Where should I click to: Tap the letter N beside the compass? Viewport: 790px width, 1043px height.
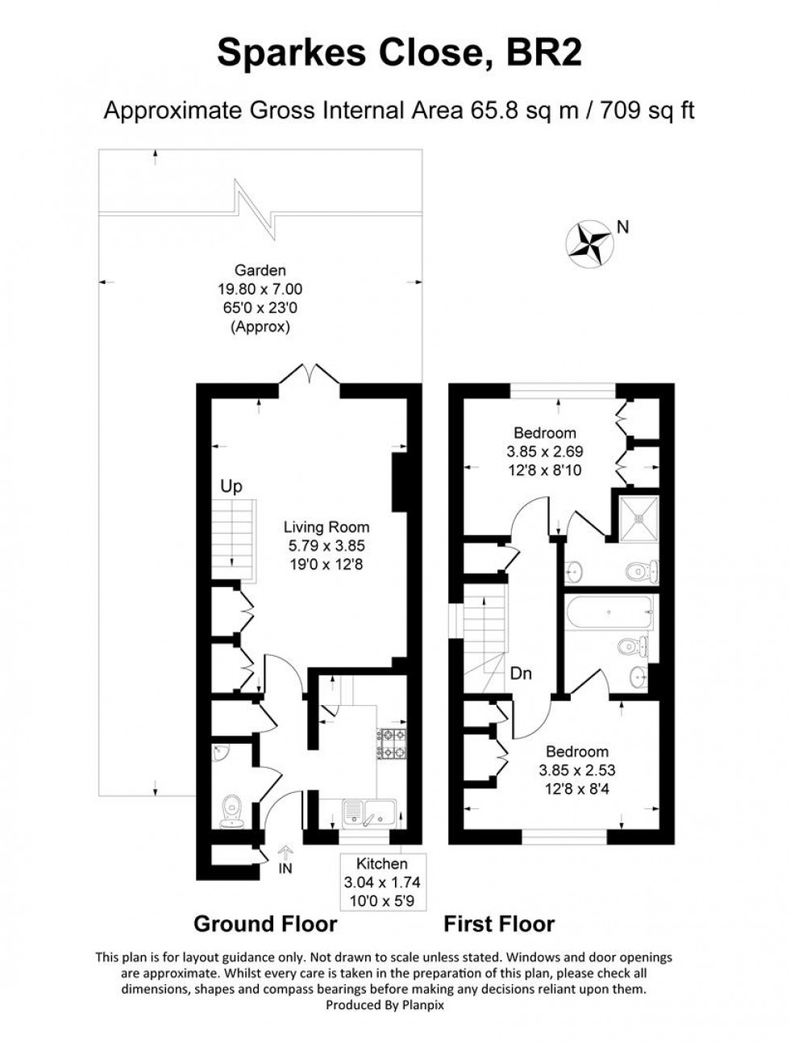point(622,227)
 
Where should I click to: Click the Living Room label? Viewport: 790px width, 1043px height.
point(326,528)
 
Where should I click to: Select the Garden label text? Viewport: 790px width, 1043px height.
point(260,271)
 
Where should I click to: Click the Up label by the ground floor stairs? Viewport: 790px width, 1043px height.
point(231,487)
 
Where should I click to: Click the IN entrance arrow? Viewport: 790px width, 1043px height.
point(285,858)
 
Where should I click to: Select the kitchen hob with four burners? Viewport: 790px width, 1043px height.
point(391,744)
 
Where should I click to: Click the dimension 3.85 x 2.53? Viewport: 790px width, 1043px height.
point(574,770)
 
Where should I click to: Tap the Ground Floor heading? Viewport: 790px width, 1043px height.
point(265,924)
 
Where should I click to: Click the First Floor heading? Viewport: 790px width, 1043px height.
point(499,924)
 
